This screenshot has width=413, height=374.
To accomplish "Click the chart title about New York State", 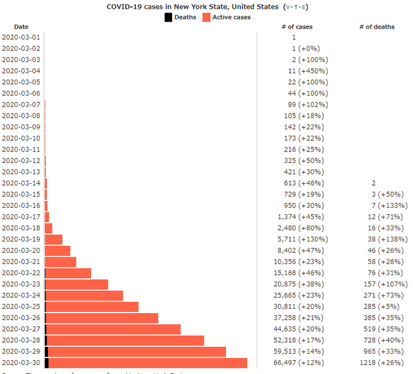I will tap(192, 7).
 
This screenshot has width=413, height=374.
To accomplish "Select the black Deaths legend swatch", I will tap(168, 17).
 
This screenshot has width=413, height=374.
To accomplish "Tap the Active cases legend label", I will tap(231, 17).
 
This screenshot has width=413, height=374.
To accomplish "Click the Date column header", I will tap(21, 27).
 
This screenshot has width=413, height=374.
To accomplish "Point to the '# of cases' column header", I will tap(297, 27).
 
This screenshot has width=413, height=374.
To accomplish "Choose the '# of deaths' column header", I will tap(376, 27).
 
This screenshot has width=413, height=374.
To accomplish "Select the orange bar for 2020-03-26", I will tap(102, 318).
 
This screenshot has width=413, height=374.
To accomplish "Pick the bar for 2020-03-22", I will tap(68, 273).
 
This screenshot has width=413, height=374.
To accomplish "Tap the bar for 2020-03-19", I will tap(54, 239).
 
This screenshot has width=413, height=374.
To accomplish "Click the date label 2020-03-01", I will tap(21, 37).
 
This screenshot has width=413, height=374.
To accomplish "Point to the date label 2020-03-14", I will tap(21, 183).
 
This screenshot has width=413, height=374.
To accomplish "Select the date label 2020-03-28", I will tap(21, 340).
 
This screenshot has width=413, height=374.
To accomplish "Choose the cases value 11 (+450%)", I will tap(305, 71).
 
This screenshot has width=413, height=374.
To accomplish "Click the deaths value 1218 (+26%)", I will tap(386, 363).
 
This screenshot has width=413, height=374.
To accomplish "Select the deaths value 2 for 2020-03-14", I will tap(374, 183).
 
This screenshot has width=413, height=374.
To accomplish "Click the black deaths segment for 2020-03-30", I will tap(47, 363).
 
